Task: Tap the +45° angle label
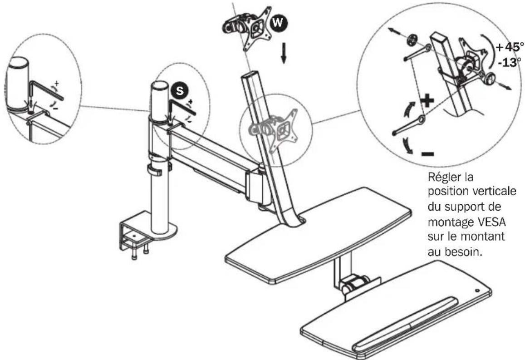tap(509, 48)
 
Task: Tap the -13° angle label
tap(509, 62)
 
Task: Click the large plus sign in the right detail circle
tap(427, 101)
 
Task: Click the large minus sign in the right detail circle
tap(427, 154)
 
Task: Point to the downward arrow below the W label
tap(284, 53)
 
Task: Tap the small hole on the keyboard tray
tap(477, 291)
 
